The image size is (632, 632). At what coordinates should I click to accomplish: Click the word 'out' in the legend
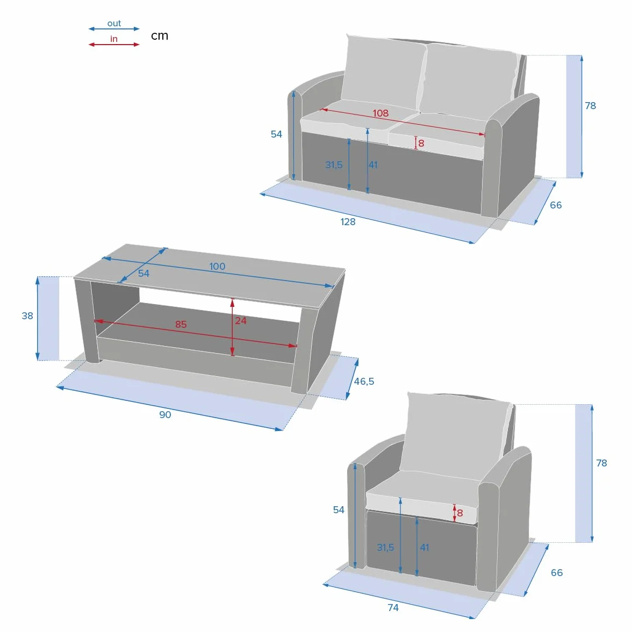point(114,24)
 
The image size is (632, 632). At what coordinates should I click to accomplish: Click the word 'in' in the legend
point(114,39)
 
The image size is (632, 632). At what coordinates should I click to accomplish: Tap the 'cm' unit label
point(160,35)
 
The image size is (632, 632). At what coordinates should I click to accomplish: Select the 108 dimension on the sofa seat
point(380,113)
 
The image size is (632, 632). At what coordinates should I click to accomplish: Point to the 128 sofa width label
point(348,221)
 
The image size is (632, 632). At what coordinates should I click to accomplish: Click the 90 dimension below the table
point(165,415)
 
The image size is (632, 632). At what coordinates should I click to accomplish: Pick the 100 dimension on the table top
point(217,267)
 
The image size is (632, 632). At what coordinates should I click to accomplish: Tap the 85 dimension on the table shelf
point(181,325)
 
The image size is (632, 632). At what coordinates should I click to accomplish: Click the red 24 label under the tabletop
point(241,321)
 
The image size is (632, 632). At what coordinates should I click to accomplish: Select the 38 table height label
point(27,315)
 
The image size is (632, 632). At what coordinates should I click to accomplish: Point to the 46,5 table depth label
point(364,382)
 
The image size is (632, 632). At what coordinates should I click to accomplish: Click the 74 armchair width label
point(393,607)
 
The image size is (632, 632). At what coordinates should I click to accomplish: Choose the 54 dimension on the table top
point(143,273)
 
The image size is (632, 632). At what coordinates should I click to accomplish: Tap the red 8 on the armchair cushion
point(460,513)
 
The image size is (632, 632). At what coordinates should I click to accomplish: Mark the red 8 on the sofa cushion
point(421,143)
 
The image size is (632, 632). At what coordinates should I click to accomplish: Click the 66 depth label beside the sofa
point(556,205)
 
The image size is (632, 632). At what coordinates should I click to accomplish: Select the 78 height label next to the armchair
point(601,463)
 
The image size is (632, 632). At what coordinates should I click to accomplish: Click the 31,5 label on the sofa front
point(334,165)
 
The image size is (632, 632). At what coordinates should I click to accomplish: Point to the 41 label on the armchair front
point(425,547)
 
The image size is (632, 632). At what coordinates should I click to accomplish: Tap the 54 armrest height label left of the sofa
point(276,134)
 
